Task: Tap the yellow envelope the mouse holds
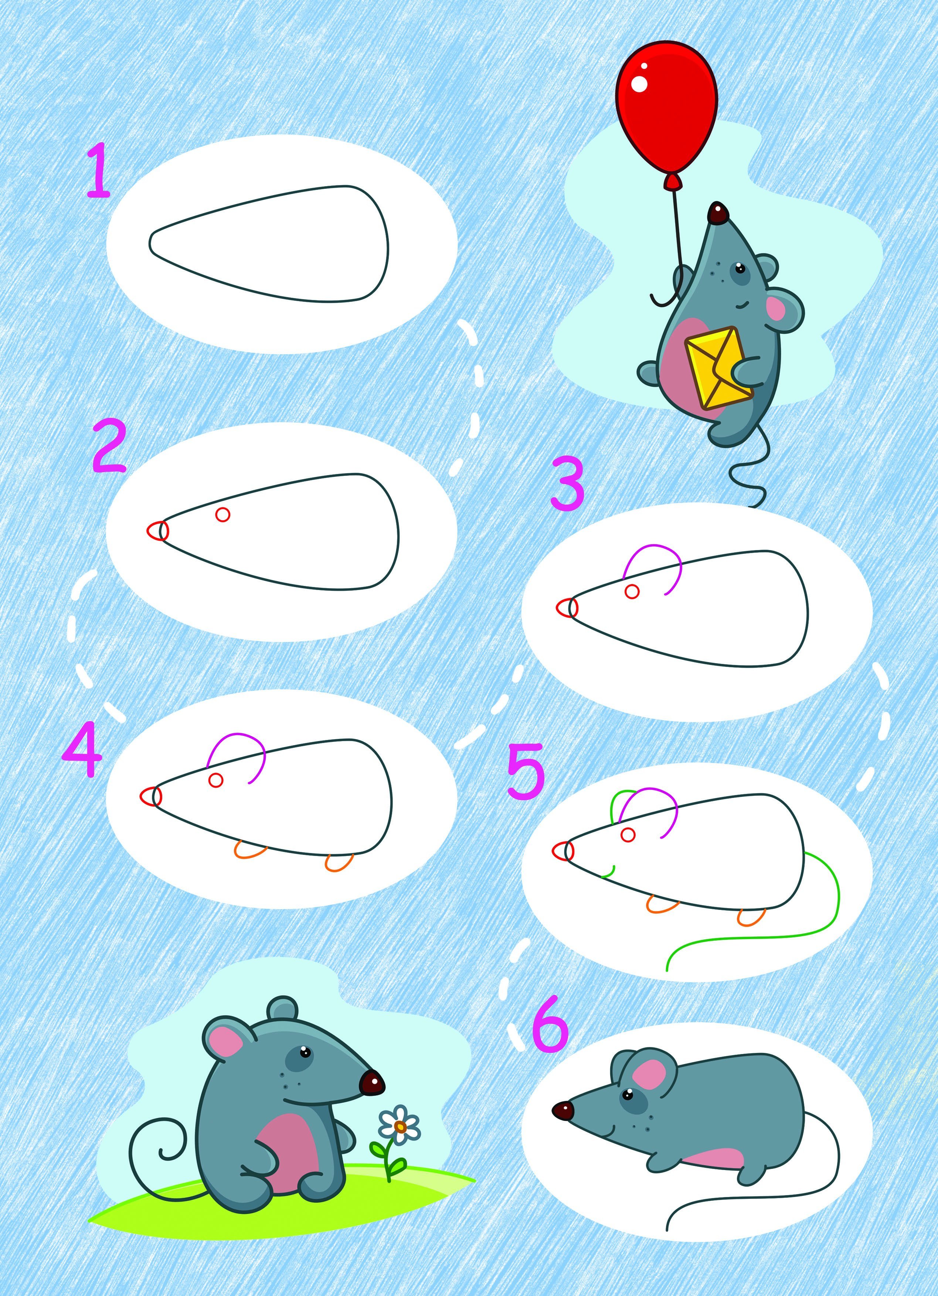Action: coord(718,368)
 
